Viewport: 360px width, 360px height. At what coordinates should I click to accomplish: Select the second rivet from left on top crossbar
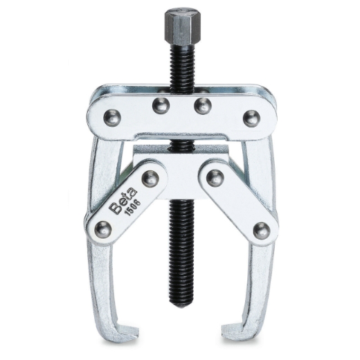(x=161, y=106)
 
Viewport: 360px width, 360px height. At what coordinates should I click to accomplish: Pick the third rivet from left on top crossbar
(x=202, y=106)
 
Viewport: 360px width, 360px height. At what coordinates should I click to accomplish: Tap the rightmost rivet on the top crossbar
(x=251, y=118)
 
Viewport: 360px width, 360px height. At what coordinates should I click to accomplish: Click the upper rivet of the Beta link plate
(x=150, y=177)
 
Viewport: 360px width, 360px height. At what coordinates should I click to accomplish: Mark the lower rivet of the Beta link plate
(x=102, y=228)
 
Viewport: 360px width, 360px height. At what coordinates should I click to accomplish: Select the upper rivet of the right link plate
(x=215, y=177)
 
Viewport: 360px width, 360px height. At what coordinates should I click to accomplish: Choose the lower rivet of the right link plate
(x=261, y=230)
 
